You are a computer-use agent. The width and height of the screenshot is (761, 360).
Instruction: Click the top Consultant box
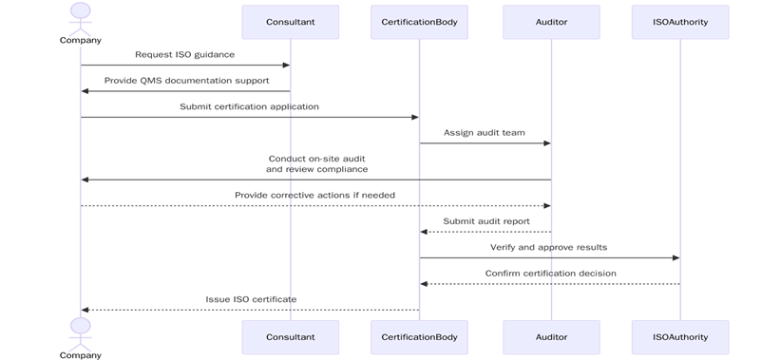pyautogui.click(x=290, y=22)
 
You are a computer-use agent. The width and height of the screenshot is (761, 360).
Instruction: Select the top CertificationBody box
pyautogui.click(x=419, y=22)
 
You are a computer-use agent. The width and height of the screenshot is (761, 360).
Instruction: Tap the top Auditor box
pyautogui.click(x=551, y=22)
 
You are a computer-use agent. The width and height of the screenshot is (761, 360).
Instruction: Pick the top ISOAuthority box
pyautogui.click(x=680, y=22)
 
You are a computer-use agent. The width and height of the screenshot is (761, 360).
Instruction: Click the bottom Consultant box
pyautogui.click(x=290, y=336)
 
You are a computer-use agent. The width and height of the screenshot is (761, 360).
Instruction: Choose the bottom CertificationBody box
pyautogui.click(x=419, y=336)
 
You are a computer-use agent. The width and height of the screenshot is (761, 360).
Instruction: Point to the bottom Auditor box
pyautogui.click(x=551, y=336)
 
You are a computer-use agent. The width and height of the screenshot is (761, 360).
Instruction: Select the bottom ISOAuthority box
pyautogui.click(x=680, y=336)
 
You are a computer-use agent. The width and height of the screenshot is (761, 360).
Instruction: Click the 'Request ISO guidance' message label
pyautogui.click(x=184, y=55)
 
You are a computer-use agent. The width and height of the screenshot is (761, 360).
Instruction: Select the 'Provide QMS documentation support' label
pyautogui.click(x=184, y=81)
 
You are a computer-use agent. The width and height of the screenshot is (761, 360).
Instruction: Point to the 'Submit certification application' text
pyautogui.click(x=249, y=106)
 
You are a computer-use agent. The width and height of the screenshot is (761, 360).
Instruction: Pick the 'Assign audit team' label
pyautogui.click(x=485, y=133)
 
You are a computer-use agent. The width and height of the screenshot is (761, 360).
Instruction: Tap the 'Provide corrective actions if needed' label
pyautogui.click(x=314, y=195)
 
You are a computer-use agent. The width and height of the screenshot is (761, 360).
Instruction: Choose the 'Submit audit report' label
pyautogui.click(x=485, y=221)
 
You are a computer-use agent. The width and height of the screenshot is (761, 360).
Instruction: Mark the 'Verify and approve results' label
pyautogui.click(x=548, y=247)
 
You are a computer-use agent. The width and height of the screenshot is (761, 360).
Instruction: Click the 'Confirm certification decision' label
pyautogui.click(x=550, y=274)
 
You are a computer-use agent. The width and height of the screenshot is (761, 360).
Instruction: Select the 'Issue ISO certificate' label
pyautogui.click(x=251, y=299)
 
